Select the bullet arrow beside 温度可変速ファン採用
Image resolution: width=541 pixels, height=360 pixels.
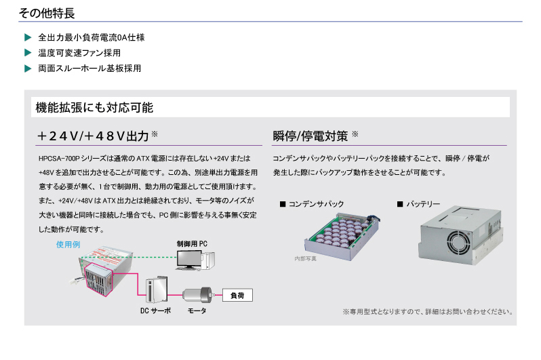click(x=28, y=53)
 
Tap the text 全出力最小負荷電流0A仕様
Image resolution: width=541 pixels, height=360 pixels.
click(x=91, y=37)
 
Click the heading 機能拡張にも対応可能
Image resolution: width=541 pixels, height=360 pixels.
click(x=94, y=107)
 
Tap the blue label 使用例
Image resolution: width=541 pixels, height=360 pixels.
click(x=68, y=244)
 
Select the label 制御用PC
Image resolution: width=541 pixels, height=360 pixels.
click(x=192, y=243)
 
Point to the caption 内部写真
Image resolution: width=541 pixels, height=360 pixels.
click(x=305, y=258)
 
